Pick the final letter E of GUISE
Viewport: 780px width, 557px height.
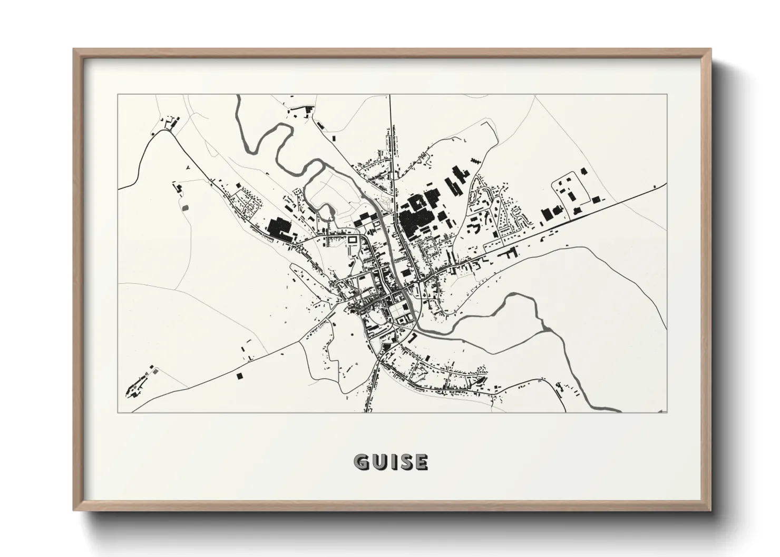[421, 462]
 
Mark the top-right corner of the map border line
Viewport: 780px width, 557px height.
[667, 95]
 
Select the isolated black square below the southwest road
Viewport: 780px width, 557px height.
[240, 376]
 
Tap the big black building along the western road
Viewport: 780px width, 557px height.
[278, 229]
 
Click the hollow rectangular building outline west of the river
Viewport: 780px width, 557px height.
[352, 240]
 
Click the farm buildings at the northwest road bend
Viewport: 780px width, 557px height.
[170, 124]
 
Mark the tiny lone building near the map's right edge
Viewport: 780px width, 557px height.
[654, 186]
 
